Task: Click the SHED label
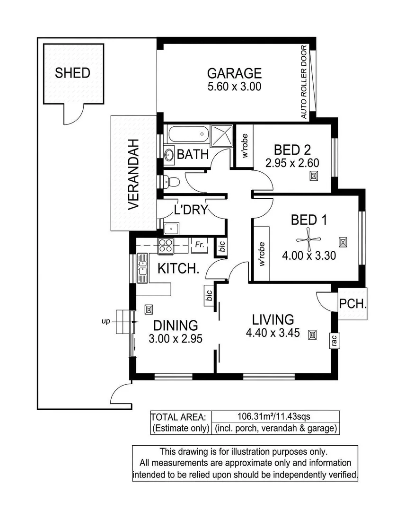[x=72, y=73]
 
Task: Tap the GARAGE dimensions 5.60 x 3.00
[x=235, y=87]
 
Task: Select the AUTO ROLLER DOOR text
[x=304, y=82]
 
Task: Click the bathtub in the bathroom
[x=188, y=133]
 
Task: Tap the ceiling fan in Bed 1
[x=308, y=239]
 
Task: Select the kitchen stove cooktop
[x=166, y=246]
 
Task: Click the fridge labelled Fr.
[x=199, y=245]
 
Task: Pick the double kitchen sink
[x=142, y=268]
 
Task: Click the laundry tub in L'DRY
[x=171, y=229]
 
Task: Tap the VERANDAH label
[x=133, y=174]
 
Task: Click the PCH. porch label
[x=353, y=304]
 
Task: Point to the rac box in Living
[x=335, y=341]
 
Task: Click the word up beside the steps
[x=106, y=322]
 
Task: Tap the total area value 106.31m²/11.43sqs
[x=273, y=416]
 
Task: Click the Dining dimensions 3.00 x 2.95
[x=176, y=339]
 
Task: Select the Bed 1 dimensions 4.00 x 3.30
[x=309, y=255]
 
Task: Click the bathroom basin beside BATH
[x=169, y=154]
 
